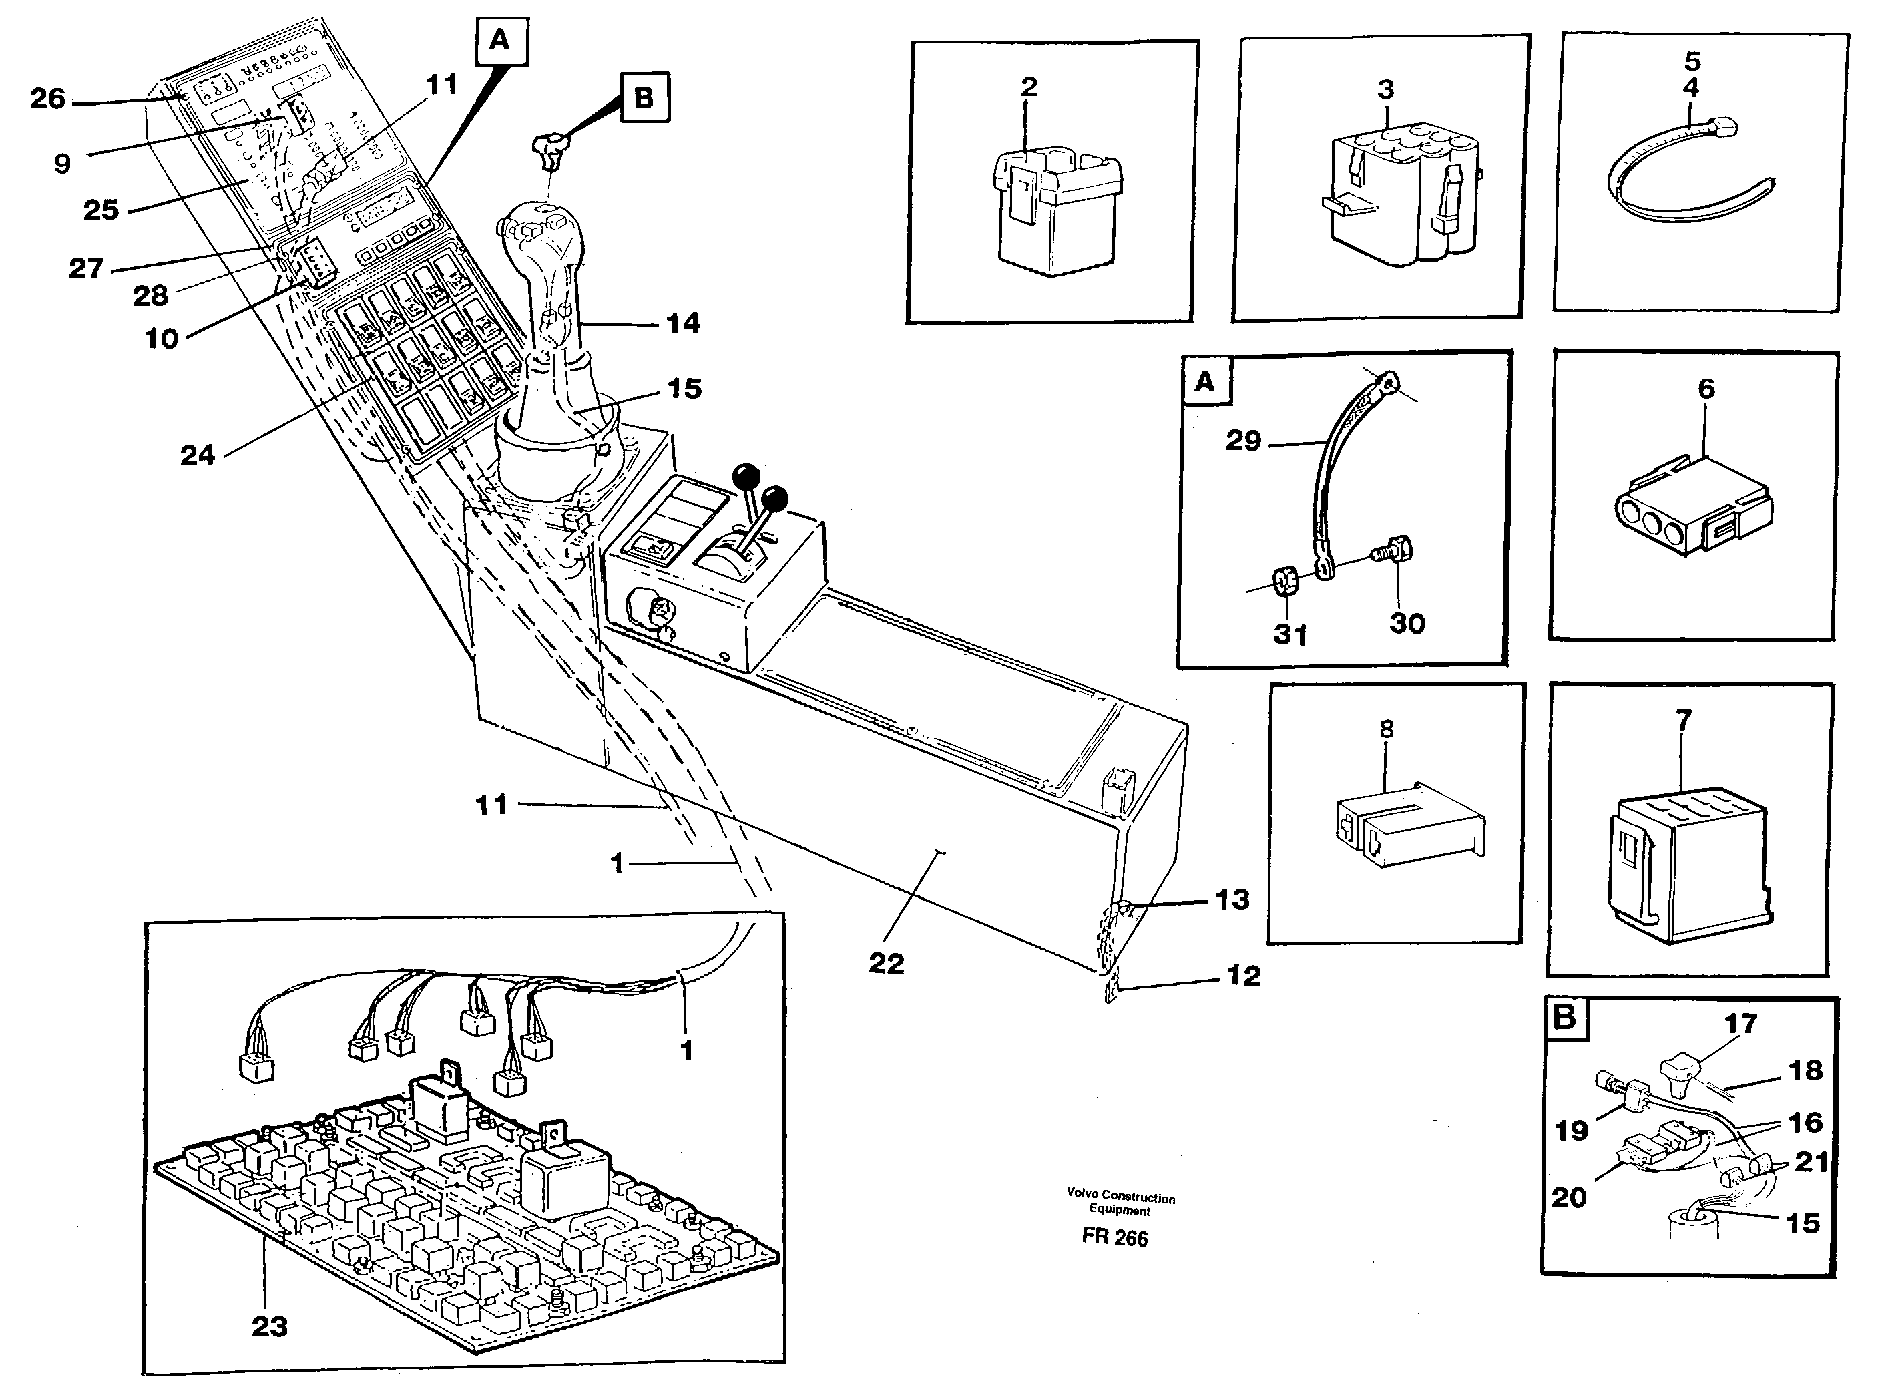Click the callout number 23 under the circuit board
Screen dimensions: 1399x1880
(x=269, y=1326)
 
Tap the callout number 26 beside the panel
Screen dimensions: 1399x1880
(x=47, y=98)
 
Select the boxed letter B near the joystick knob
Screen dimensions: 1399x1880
(x=644, y=98)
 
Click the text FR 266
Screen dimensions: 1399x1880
(x=1115, y=1238)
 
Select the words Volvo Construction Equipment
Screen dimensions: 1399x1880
(x=1120, y=1203)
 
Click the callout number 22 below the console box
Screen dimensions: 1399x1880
(x=885, y=963)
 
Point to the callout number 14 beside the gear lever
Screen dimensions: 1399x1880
(x=683, y=323)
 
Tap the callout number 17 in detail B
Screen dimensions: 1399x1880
(x=1740, y=1024)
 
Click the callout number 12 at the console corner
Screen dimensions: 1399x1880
(x=1244, y=976)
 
